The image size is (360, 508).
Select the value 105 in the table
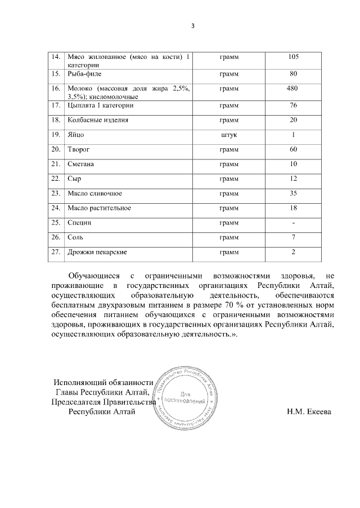coord(293,57)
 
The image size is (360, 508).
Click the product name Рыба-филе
coord(84,74)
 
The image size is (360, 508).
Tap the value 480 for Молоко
coord(293,89)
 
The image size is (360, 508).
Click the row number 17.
coord(55,105)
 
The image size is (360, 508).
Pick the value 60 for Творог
coord(293,149)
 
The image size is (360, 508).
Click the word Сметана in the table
coord(80,164)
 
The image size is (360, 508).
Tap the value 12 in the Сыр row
coord(293,179)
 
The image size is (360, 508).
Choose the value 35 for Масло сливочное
coord(293,193)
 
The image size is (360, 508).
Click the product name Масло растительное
coord(99,208)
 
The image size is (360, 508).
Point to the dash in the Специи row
coord(293,223)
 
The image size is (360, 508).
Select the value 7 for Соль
coord(293,237)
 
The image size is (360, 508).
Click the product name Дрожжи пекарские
coord(97,252)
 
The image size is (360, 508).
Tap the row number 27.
coord(55,252)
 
